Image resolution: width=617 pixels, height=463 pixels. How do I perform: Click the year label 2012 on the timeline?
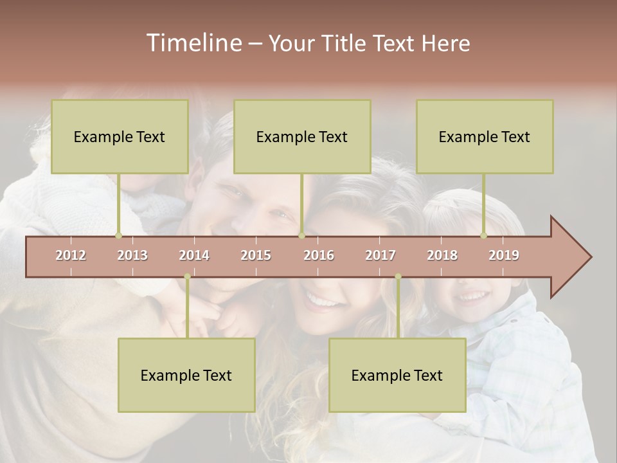click(71, 255)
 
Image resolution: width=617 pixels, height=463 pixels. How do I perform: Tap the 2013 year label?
click(132, 255)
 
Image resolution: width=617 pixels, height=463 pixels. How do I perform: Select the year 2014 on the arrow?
click(194, 255)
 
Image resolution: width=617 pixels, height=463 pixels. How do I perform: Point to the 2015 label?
click(256, 255)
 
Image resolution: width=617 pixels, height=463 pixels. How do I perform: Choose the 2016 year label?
click(319, 255)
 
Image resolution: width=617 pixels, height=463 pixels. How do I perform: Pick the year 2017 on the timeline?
click(380, 255)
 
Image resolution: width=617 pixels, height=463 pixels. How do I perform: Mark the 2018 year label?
click(442, 255)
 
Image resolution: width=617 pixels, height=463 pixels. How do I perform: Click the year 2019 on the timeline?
click(504, 255)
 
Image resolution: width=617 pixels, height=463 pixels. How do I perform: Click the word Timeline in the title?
click(193, 43)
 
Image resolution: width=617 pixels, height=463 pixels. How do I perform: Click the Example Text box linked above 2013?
click(120, 136)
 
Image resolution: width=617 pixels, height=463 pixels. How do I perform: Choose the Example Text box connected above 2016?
click(302, 136)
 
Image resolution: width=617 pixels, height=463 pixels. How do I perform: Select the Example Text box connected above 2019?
click(485, 136)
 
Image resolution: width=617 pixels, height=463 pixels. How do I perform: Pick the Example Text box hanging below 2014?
click(186, 375)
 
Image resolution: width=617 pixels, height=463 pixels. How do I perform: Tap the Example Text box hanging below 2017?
click(397, 375)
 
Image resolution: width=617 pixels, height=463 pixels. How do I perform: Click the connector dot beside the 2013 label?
click(118, 236)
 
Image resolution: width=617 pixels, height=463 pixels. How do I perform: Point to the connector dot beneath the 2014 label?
click(187, 277)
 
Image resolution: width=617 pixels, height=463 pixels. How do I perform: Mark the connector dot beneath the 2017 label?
click(398, 277)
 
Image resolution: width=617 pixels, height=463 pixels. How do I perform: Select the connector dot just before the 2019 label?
click(483, 236)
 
